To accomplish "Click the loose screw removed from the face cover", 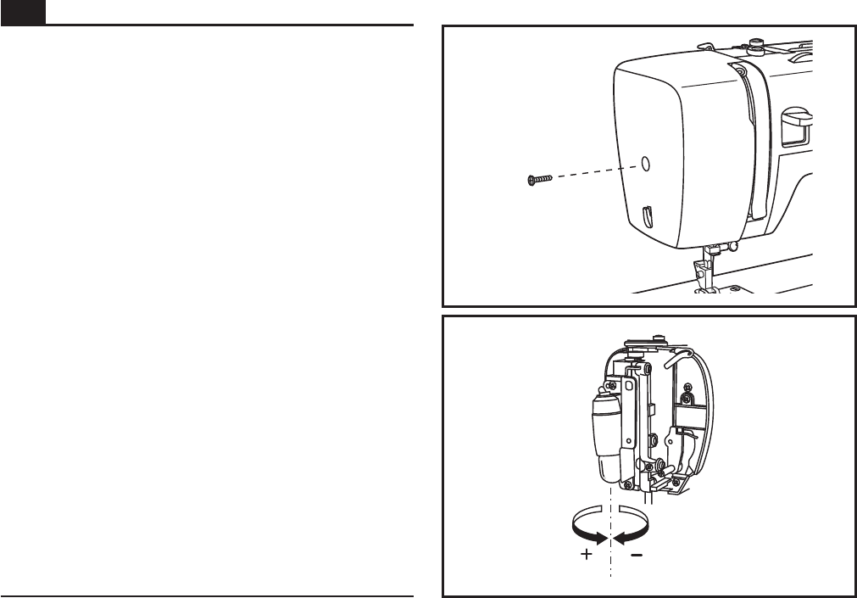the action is click(538, 179).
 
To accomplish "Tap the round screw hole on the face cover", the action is click(645, 163).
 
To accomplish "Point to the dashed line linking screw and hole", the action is click(593, 170).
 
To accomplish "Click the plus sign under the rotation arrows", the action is click(585, 556).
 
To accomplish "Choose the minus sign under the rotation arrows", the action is click(637, 556).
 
